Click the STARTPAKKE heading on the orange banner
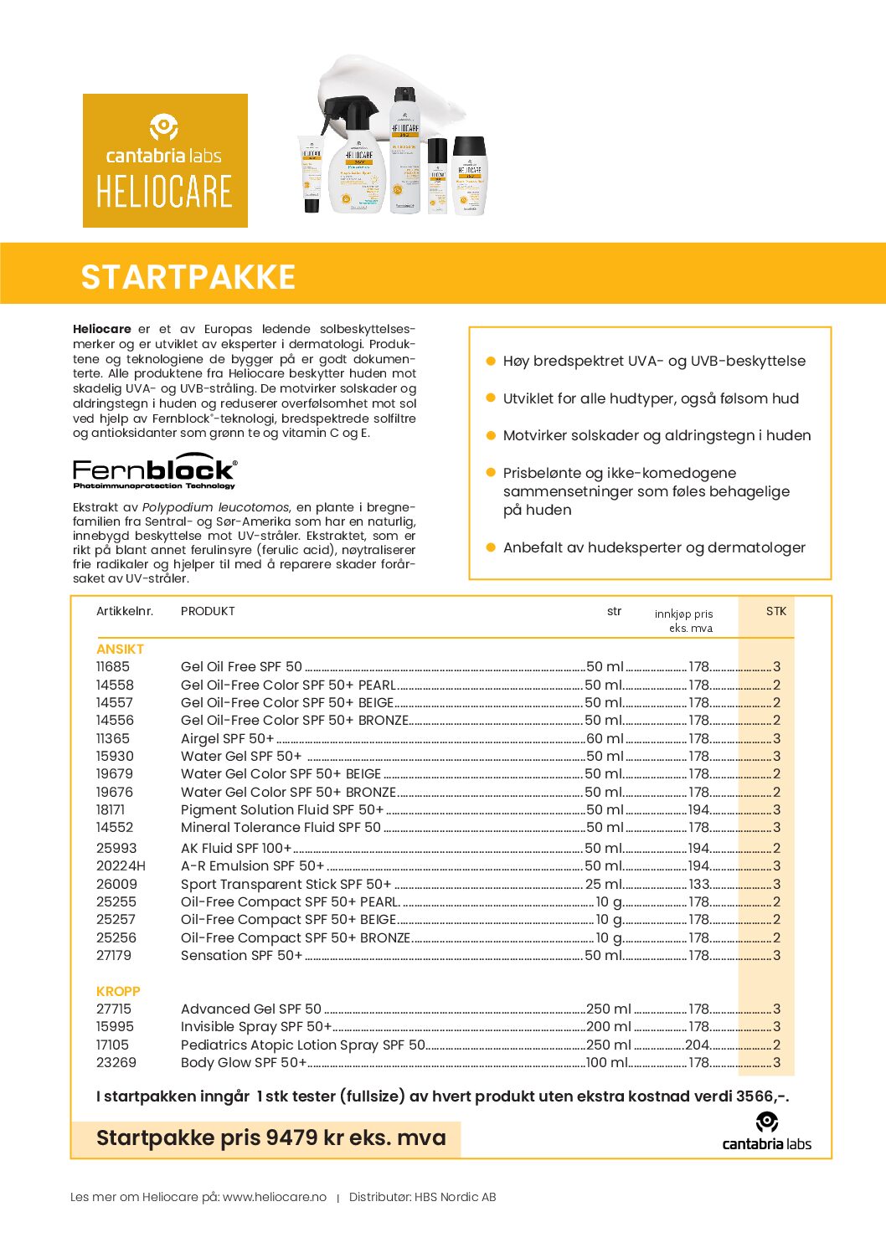tap(188, 277)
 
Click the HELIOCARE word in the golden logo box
tap(164, 192)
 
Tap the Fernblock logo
tap(155, 472)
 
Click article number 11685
tap(113, 667)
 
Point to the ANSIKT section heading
tap(120, 650)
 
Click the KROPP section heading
tap(118, 991)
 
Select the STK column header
tap(775, 611)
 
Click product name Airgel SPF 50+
tap(227, 739)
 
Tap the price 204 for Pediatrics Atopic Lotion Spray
tap(697, 1045)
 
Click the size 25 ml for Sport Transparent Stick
tap(603, 884)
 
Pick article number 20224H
tap(121, 866)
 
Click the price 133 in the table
tap(698, 884)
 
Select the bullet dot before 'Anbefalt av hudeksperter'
tap(491, 547)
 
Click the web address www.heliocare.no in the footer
tap(275, 1197)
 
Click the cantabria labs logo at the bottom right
tap(766, 1132)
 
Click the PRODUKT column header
tap(208, 611)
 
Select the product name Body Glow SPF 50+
tap(243, 1063)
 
